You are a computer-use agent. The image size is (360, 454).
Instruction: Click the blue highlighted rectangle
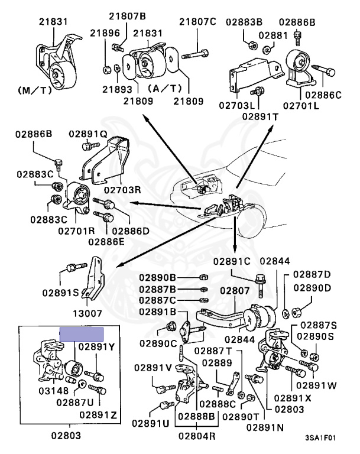(82, 335)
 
